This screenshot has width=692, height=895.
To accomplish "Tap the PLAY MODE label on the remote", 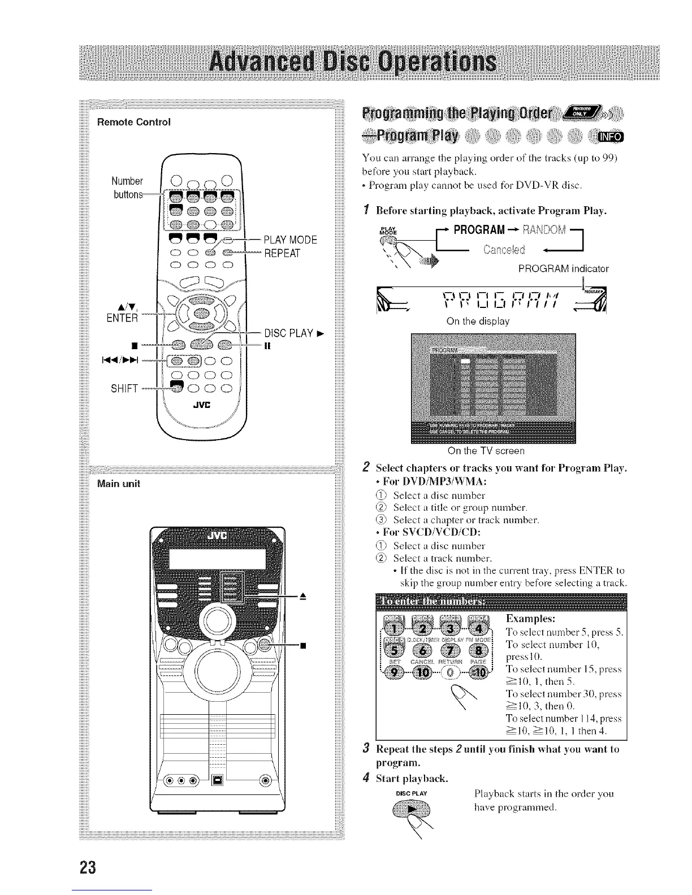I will [290, 240].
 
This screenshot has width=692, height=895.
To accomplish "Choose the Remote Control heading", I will [134, 121].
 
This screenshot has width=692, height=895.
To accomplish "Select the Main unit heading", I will [119, 484].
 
